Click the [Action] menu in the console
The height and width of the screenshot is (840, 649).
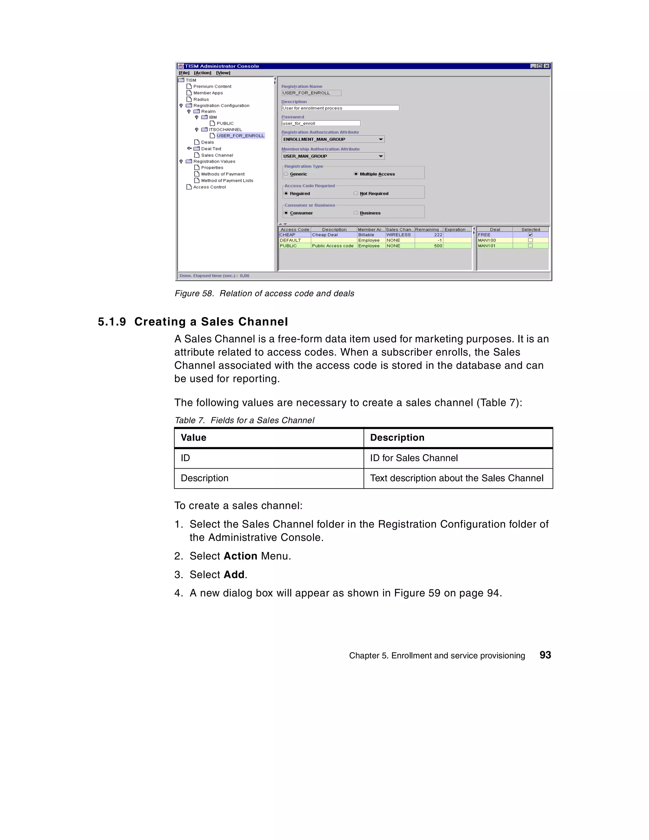pos(202,73)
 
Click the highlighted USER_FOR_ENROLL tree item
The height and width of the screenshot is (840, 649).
pos(240,136)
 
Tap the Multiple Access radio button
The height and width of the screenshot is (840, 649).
pos(356,174)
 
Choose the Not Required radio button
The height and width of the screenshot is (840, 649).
pos(356,194)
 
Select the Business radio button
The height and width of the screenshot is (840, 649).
pos(356,213)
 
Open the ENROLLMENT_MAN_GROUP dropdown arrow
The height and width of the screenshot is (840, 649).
pos(381,139)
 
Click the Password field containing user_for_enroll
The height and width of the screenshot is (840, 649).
pos(320,124)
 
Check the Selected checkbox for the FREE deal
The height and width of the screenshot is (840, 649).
pos(530,234)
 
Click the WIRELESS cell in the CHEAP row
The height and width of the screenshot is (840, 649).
pos(399,234)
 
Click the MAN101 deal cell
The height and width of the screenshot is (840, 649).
pos(487,246)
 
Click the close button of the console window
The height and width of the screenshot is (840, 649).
pos(547,66)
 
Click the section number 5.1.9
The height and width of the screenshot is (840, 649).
pos(112,322)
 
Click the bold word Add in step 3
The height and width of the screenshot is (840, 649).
pos(234,574)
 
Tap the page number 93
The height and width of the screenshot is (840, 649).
pos(545,655)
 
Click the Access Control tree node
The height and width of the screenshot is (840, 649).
pos(209,187)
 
